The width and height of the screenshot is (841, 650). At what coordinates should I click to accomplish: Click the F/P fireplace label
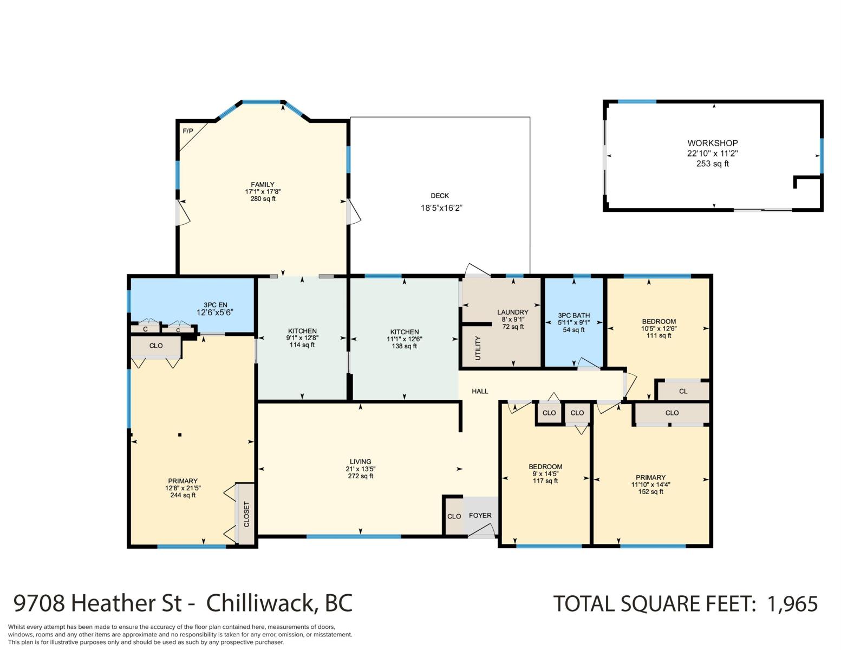tap(188, 131)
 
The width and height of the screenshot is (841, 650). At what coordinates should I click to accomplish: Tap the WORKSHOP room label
tap(713, 143)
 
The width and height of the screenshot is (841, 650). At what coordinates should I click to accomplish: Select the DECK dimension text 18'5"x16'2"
tap(441, 208)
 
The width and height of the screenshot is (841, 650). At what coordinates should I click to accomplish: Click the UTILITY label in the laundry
tap(478, 348)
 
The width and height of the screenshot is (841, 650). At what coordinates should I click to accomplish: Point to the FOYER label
tap(480, 515)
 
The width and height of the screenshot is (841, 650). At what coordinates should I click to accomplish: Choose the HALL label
tap(480, 391)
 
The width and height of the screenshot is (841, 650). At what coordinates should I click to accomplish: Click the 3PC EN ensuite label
tap(216, 305)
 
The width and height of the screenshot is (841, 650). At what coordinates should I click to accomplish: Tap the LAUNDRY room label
tap(513, 312)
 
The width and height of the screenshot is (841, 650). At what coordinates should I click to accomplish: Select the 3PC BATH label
tap(574, 315)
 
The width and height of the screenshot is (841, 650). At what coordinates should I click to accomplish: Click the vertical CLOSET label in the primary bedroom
tap(246, 514)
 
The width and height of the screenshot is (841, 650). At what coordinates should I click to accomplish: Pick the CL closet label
tap(683, 392)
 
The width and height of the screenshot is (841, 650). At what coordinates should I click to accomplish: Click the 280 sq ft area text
tap(263, 199)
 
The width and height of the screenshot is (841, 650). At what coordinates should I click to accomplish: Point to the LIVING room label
tap(360, 461)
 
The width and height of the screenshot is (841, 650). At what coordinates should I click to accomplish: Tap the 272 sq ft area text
tap(360, 476)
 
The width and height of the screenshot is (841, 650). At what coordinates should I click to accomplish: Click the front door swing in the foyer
tap(482, 531)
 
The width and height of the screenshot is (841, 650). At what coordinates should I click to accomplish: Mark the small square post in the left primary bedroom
tap(180, 435)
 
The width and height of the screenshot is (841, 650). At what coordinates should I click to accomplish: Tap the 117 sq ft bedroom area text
tap(545, 481)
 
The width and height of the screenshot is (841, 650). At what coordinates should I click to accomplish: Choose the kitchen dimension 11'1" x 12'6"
tap(405, 339)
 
